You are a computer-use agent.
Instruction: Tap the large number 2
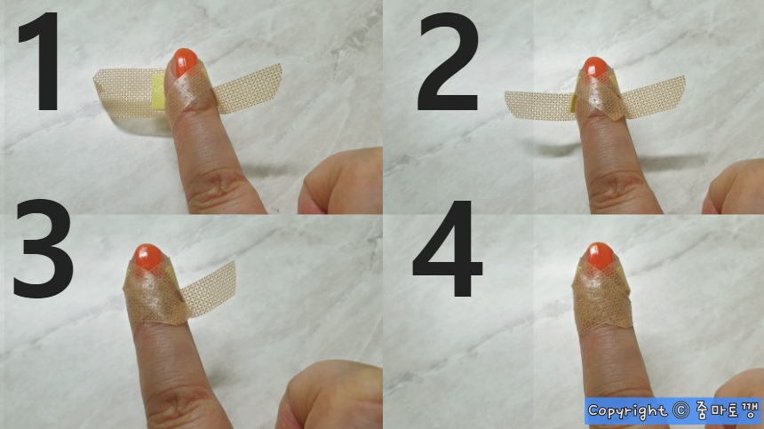[x=448, y=62]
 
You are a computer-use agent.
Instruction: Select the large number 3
[x=43, y=249]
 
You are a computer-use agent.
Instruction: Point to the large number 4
[x=447, y=249]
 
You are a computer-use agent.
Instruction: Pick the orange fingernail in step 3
[x=148, y=257]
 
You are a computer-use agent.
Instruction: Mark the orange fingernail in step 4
[x=601, y=255]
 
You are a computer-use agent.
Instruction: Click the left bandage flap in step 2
[x=539, y=106]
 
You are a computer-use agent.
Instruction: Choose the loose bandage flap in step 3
[x=210, y=289]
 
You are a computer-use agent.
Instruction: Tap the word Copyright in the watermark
[x=626, y=411]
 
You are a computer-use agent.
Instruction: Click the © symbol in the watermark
[x=680, y=410]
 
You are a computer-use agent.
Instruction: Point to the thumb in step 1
[x=341, y=183]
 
